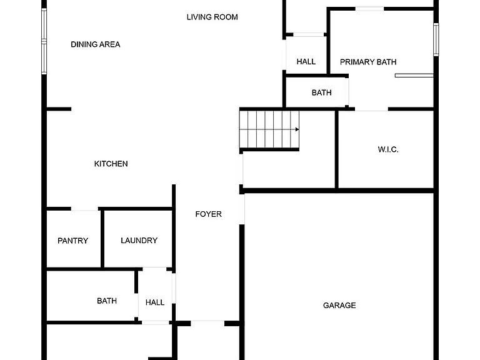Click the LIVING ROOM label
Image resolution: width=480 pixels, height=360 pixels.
coord(212,17)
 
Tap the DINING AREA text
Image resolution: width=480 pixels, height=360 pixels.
coord(96,44)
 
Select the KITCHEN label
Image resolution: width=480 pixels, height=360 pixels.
coord(111,164)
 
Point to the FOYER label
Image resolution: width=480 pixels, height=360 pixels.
coord(209,214)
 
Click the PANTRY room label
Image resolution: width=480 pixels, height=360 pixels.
coord(73,241)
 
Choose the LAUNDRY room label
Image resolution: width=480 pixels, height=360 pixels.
coord(139,240)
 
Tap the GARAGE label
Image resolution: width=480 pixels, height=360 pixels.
coord(339,305)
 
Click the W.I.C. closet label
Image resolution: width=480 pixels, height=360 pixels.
coord(388,149)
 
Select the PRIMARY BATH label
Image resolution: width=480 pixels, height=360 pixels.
coord(368,62)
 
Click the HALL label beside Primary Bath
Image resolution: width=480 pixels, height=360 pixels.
coord(306,61)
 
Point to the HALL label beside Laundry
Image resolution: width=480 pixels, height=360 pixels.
coord(155,302)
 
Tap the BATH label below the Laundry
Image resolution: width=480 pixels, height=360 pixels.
coord(107,301)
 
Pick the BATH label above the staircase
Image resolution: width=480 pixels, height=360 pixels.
coord(321,92)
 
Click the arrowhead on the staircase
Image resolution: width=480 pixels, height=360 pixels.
coord(297,129)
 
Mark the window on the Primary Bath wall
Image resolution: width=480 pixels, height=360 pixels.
coord(436,39)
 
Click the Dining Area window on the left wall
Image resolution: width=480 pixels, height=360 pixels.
coord(44,41)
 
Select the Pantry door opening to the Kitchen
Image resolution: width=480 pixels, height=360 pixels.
coord(85,209)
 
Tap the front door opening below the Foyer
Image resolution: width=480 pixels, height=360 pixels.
coord(207,323)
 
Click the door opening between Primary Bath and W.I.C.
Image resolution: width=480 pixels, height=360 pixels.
coord(371,109)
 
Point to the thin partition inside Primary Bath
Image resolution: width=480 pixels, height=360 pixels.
coord(414,75)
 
